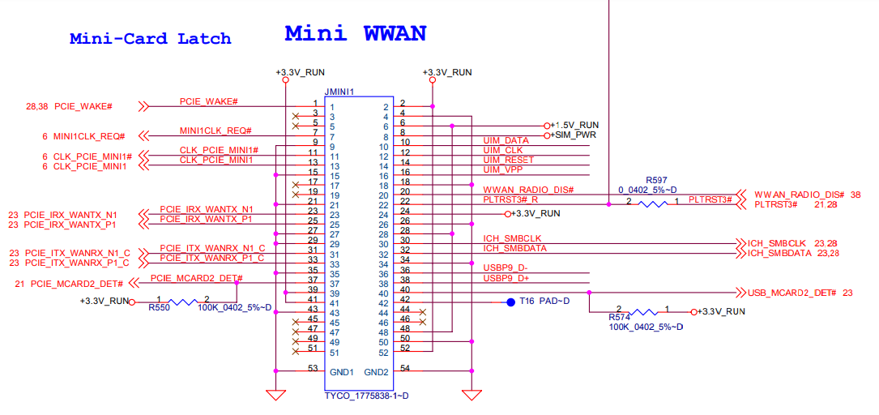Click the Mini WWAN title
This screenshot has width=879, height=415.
[x=355, y=33]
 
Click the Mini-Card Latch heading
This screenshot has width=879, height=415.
[x=150, y=38]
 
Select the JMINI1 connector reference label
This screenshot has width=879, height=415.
[x=339, y=92]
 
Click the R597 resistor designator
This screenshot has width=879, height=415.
[x=656, y=180]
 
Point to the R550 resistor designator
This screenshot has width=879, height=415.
[x=159, y=308]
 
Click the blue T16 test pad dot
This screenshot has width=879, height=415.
[x=510, y=302]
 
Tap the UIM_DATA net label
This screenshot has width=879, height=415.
[x=506, y=141]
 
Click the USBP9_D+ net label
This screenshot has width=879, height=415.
[x=505, y=278]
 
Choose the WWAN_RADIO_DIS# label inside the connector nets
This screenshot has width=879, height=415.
[x=528, y=190]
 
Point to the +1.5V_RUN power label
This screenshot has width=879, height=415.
[x=574, y=126]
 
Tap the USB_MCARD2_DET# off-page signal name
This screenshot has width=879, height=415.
[x=790, y=293]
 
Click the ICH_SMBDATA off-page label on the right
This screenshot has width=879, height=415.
[x=780, y=254]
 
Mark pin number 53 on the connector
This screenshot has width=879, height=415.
[x=313, y=368]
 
